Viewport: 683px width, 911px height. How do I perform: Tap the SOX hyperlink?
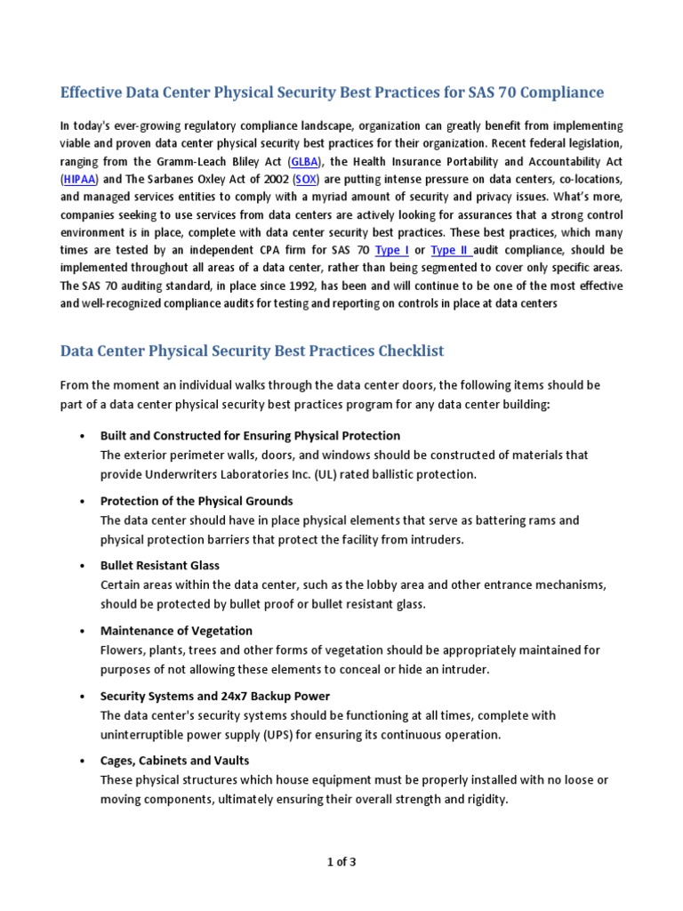(x=306, y=179)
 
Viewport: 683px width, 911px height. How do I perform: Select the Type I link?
(x=392, y=250)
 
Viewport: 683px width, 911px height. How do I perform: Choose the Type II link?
(x=450, y=250)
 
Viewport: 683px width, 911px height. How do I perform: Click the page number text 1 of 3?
(x=341, y=861)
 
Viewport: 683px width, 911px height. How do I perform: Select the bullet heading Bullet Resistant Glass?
(x=160, y=565)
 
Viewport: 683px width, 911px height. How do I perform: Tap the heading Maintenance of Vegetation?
(x=176, y=631)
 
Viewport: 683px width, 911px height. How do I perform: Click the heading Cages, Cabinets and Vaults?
(x=174, y=761)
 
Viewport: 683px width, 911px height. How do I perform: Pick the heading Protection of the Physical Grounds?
(x=197, y=501)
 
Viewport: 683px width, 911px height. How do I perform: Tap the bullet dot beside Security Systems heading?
(x=82, y=697)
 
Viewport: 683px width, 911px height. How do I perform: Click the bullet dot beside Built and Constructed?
(x=82, y=436)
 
